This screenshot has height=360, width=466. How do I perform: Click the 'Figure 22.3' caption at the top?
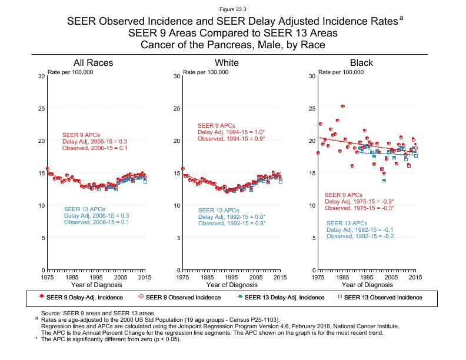click(232, 9)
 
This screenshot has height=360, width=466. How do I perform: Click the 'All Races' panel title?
click(93, 63)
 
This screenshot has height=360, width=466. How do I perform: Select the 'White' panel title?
click(227, 63)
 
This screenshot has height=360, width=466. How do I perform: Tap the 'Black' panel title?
click(361, 63)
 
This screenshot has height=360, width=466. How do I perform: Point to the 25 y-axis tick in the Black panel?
click(312, 109)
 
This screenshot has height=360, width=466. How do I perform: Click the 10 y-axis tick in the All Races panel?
click(41, 206)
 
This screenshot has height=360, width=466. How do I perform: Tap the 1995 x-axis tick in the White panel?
click(231, 276)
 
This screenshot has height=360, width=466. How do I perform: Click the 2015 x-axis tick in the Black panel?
click(415, 276)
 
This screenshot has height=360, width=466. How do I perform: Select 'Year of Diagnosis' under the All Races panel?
click(96, 285)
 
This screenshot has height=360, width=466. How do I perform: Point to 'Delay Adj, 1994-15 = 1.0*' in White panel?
click(231, 132)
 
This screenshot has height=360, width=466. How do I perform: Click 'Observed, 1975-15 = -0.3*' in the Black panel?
click(359, 208)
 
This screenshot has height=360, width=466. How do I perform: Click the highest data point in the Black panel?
click(343, 106)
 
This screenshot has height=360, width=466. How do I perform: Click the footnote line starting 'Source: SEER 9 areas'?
click(97, 314)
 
